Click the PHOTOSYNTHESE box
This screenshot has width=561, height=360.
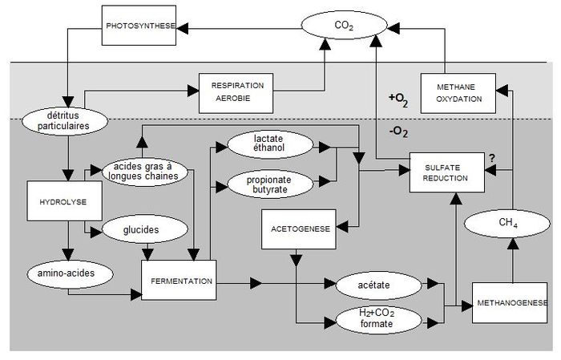tap(139, 26)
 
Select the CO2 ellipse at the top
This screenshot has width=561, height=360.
tap(344, 25)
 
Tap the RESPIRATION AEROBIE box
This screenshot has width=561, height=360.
tap(236, 93)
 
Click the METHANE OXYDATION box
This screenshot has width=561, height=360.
tap(458, 93)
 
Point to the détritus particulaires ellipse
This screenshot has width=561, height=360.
tap(65, 121)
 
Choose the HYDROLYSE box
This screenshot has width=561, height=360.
tap(64, 200)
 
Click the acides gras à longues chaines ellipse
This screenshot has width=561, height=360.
tap(144, 172)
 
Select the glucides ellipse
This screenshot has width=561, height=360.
tap(145, 229)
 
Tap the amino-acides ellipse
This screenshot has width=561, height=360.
tap(70, 273)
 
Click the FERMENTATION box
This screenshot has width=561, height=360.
tap(179, 280)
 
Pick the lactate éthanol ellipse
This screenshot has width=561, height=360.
tap(270, 144)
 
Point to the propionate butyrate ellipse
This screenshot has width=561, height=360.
tap(270, 184)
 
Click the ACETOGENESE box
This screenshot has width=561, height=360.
tap(299, 229)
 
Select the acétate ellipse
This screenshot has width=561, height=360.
tap(379, 285)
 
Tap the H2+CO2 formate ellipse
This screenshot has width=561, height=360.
tap(379, 319)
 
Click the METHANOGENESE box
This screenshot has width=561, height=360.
tap(510, 303)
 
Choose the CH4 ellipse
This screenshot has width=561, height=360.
tap(507, 224)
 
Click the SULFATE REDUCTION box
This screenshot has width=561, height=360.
tap(447, 172)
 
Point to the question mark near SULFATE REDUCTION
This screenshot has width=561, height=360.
tap(492, 158)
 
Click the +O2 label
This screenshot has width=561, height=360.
tap(398, 99)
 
